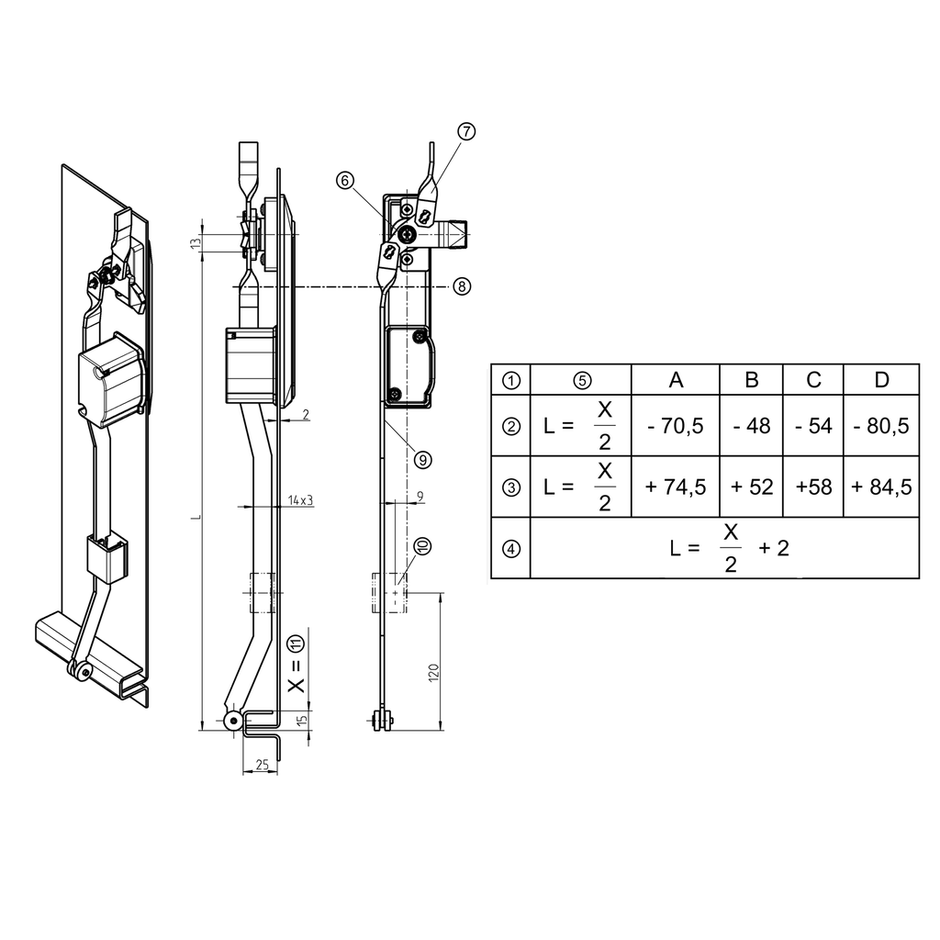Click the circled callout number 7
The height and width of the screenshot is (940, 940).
click(x=465, y=131)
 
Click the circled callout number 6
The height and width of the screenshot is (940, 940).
click(x=344, y=182)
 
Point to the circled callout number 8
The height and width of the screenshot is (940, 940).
click(x=462, y=286)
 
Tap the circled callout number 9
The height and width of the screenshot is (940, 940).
click(x=423, y=457)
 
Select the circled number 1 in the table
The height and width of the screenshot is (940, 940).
click(x=511, y=380)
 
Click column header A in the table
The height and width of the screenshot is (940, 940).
click(x=676, y=380)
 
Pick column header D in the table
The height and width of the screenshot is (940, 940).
click(x=881, y=380)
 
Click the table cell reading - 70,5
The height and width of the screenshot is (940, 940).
click(x=676, y=426)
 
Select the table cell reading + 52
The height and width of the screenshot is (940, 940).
click(x=752, y=487)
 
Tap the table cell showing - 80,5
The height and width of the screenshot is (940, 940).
click(x=881, y=426)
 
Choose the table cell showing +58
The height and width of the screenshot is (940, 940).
click(x=813, y=487)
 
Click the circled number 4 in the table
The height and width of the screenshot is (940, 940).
click(x=511, y=548)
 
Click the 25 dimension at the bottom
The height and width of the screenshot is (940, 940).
click(x=262, y=765)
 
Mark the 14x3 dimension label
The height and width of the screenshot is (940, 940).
click(x=298, y=500)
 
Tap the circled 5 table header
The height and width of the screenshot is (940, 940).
click(x=581, y=380)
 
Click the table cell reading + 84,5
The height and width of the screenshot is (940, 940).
click(x=881, y=487)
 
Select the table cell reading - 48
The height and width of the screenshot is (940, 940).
click(x=752, y=426)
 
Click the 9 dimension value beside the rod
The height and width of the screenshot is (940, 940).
click(x=420, y=497)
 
